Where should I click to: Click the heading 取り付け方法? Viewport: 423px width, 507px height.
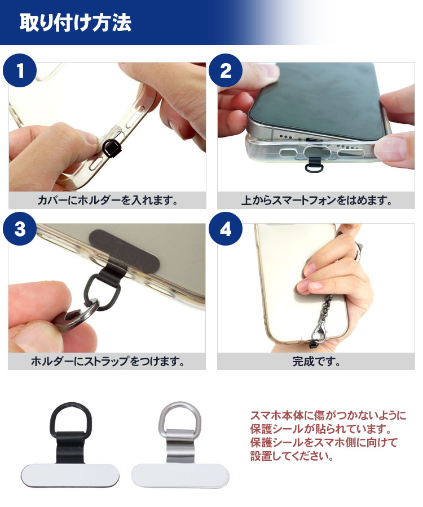76,23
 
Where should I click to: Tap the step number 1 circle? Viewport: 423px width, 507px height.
20,70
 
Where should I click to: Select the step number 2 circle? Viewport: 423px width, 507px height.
226,70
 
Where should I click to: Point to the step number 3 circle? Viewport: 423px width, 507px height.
20,229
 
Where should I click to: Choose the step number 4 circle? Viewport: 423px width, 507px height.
226,229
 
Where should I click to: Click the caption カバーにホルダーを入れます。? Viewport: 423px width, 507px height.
108,201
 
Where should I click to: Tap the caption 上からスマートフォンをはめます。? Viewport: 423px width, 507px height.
316,201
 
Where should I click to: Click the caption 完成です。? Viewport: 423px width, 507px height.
316,361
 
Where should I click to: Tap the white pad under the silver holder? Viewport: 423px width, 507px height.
180,476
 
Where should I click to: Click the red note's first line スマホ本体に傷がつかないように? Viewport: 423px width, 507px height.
328,416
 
